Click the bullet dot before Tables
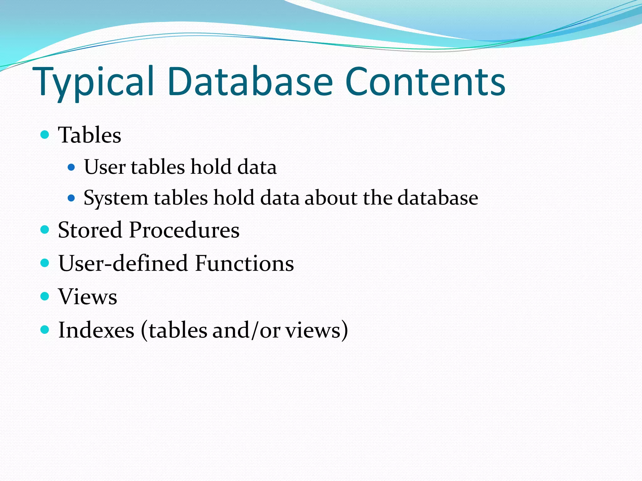click(45, 135)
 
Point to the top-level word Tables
click(90, 135)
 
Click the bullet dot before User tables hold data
click(71, 167)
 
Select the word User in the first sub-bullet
click(105, 167)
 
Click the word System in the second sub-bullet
click(116, 198)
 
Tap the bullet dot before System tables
click(71, 198)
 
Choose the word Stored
click(90, 230)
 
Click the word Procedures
click(184, 230)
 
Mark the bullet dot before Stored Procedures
click(45, 230)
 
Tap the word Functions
click(245, 263)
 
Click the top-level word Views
click(88, 297)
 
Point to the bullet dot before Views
click(45, 296)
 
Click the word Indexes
click(97, 330)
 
